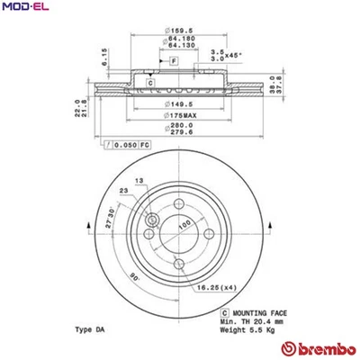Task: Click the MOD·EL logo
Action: coord(25,9)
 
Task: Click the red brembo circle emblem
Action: coord(291,347)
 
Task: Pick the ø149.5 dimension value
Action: coord(178,103)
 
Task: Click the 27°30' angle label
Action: coord(107,221)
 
